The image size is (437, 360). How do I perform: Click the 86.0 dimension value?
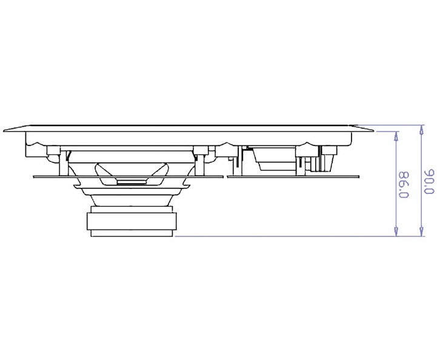point(404,184)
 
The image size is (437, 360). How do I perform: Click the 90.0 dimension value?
point(430,181)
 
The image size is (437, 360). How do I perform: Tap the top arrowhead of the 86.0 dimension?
point(396,136)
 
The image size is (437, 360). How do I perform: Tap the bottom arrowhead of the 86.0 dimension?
point(396,232)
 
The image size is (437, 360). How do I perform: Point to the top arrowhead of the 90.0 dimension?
point(422,130)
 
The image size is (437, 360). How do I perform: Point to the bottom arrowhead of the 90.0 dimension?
point(422,232)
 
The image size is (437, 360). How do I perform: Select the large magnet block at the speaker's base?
point(132,222)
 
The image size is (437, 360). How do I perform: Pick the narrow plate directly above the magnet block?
point(132,210)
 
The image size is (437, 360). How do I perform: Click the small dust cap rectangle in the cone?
point(132,182)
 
